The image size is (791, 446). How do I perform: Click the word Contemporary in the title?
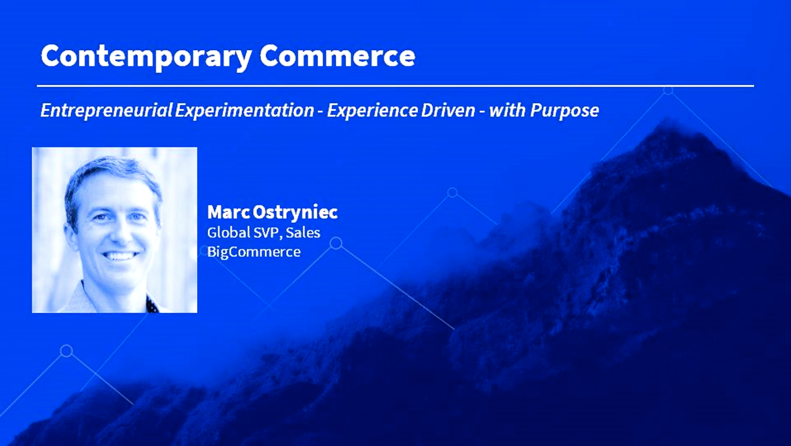coord(146,57)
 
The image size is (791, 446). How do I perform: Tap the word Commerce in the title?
coord(337,56)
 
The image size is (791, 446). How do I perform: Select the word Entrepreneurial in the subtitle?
coord(107,110)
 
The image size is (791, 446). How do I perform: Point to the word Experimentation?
coord(244,110)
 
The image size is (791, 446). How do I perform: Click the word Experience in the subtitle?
coord(372,110)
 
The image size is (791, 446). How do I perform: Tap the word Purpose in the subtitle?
coord(564,110)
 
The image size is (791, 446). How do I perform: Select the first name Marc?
coord(228,212)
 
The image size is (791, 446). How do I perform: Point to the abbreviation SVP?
coord(268,233)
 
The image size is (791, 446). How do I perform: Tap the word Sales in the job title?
coord(303,232)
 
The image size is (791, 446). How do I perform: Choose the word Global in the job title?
coord(229,232)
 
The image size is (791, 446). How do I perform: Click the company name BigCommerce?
coord(254,251)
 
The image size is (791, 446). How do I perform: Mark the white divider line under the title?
coord(395,86)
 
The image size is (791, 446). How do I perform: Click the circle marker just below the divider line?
coord(668,91)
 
